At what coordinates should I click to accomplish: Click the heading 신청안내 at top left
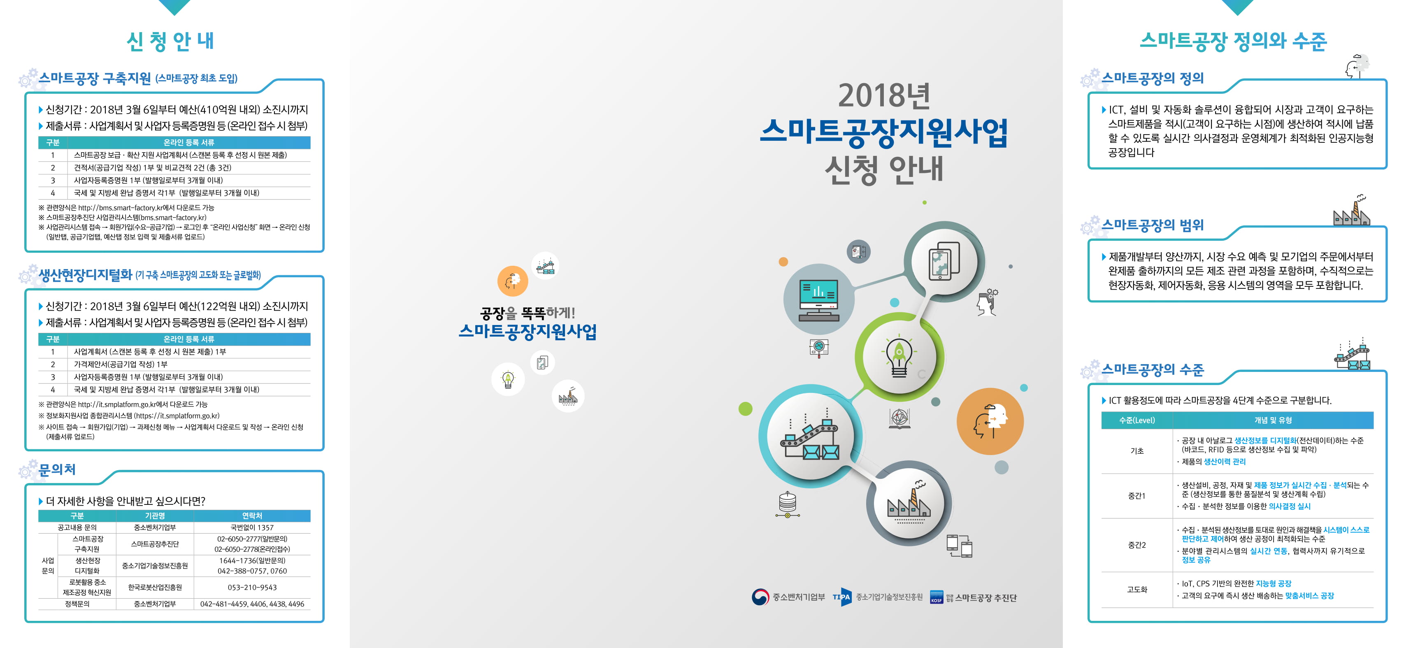point(171,41)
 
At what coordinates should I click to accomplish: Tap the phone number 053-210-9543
point(252,587)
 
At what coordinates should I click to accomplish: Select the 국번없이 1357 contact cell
point(252,527)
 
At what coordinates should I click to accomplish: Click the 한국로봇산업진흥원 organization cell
point(155,587)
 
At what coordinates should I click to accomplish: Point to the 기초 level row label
point(1136,451)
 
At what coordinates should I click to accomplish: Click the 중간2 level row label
point(1136,545)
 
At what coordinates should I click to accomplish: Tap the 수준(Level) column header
point(1136,420)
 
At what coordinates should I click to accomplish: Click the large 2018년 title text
point(884,95)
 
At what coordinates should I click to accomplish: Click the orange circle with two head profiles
point(990,421)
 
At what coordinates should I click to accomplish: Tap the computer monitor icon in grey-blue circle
point(819,300)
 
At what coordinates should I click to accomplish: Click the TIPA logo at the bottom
point(841,597)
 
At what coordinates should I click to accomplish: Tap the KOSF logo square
point(937,597)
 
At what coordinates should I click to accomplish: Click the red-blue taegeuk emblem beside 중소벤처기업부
point(760,597)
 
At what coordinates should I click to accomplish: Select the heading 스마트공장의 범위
point(1153,225)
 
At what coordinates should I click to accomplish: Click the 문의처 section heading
point(57,470)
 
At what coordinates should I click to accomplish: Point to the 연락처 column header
point(252,516)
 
